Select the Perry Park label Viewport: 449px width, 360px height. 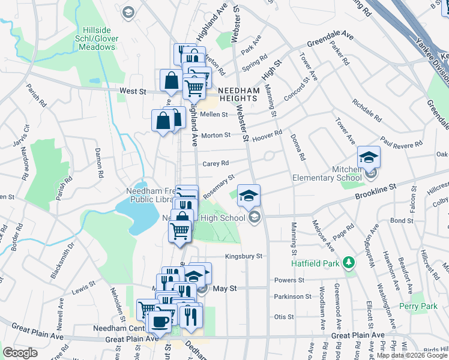click(x=418, y=306)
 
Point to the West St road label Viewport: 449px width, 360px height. click(x=133, y=91)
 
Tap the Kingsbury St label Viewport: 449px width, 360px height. click(x=244, y=256)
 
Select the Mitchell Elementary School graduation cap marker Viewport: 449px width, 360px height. click(x=369, y=158)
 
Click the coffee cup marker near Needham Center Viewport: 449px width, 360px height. click(x=160, y=321)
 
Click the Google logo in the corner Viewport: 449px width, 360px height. click(x=20, y=353)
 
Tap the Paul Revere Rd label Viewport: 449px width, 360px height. click(x=401, y=145)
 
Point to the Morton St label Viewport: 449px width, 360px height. click(x=215, y=136)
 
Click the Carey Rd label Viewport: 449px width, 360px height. click(x=216, y=163)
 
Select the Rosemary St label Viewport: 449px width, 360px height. click(x=218, y=186)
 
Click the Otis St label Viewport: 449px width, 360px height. click(x=284, y=317)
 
